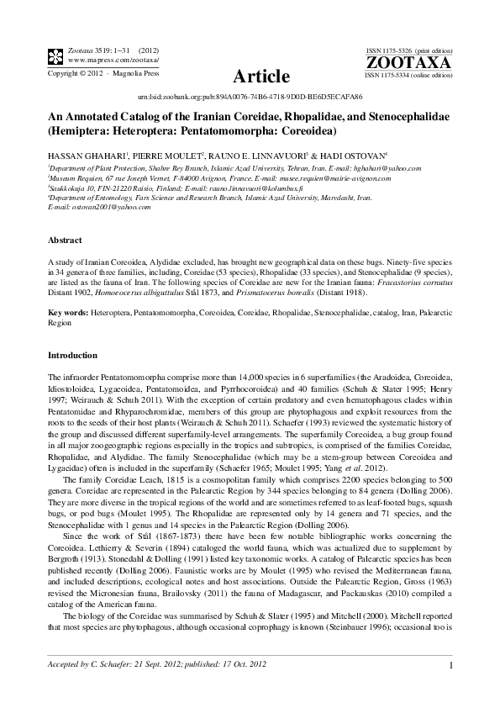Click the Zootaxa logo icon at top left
(55, 56)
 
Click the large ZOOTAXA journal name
(409, 62)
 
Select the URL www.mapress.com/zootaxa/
(112, 61)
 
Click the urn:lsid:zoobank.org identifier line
(250, 98)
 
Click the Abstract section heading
(65, 240)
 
